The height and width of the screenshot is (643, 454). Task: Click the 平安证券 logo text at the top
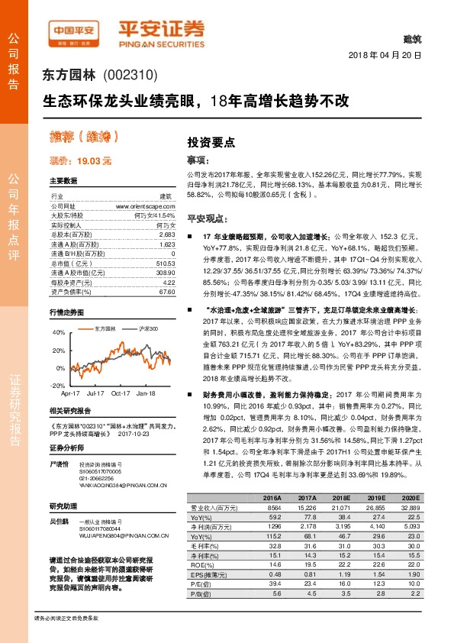[160, 29]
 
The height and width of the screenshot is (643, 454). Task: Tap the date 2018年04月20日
[385, 57]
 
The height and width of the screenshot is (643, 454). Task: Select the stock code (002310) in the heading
[129, 76]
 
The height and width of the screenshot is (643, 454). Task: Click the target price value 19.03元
[95, 161]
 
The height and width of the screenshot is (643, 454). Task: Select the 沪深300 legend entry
[147, 328]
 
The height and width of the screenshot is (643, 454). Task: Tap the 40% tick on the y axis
[59, 332]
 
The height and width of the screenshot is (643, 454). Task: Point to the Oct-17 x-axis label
[121, 393]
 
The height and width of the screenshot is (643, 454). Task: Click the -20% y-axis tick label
[58, 386]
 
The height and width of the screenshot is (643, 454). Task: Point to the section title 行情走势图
[65, 313]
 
